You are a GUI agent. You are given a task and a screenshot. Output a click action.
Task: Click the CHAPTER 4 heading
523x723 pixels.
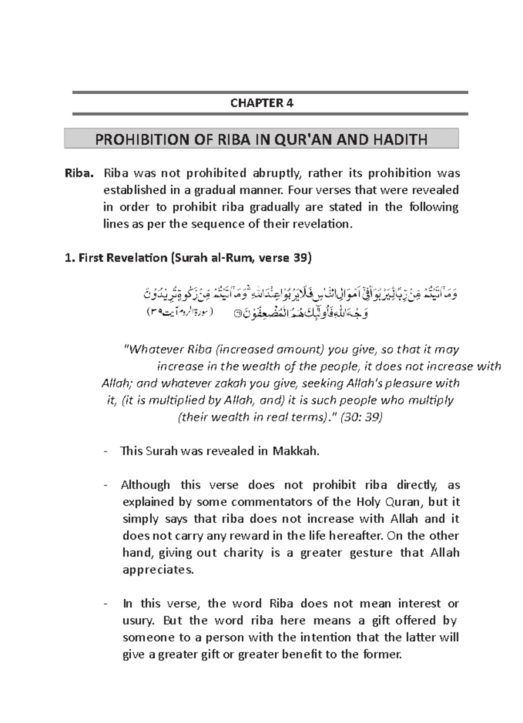point(261,103)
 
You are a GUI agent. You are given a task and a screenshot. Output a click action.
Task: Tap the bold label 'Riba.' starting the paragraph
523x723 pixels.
point(79,173)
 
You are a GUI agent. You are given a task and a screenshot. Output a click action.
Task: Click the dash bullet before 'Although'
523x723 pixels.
point(105,485)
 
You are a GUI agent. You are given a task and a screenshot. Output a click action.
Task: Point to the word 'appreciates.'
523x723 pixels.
point(158,570)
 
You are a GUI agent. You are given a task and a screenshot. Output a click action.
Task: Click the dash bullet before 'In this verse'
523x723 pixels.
point(105,604)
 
